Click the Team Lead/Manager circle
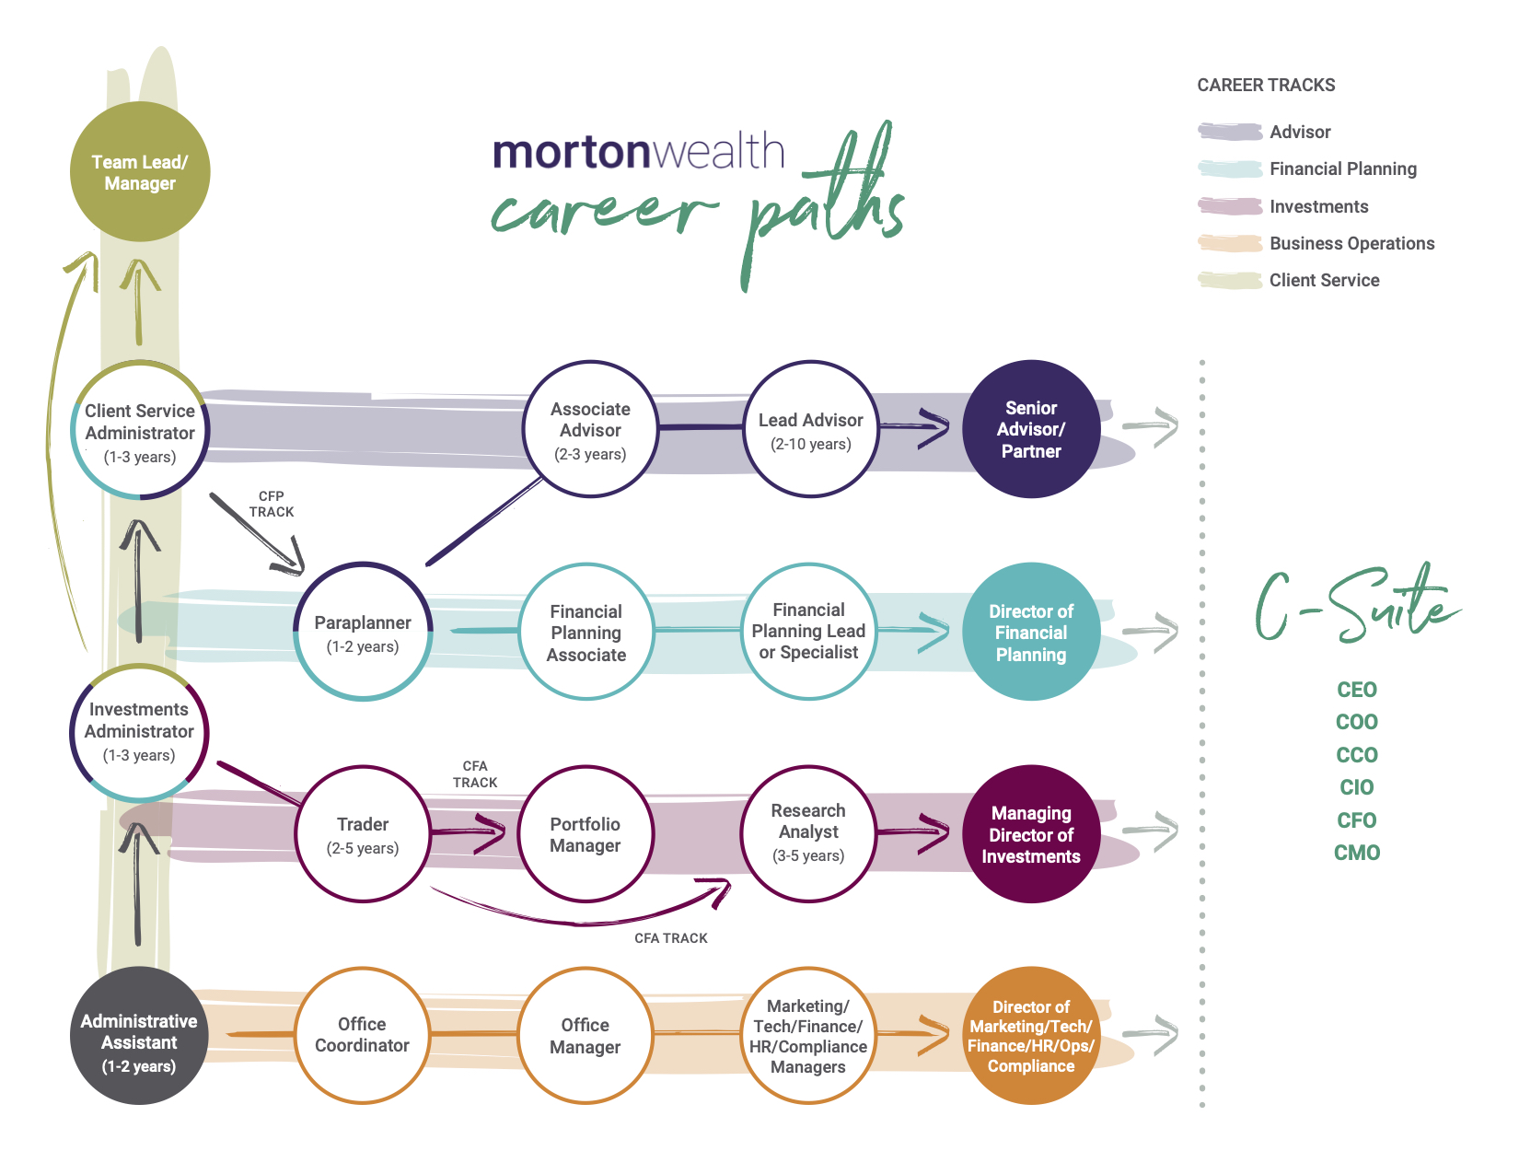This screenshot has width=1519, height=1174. tap(140, 172)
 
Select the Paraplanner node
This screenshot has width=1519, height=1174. tap(363, 633)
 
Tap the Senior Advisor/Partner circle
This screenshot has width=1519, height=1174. tap(1031, 429)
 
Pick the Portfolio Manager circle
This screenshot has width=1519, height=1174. tap(586, 834)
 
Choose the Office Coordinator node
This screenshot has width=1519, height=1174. tap(362, 1035)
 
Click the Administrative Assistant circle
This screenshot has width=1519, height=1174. tap(139, 1036)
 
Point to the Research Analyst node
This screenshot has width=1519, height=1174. tap(808, 834)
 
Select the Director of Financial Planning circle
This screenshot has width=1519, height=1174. tap(1031, 633)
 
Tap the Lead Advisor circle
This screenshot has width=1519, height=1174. tap(810, 429)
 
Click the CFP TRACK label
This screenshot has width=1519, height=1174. tap(272, 504)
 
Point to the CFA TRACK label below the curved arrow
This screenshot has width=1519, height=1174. tap(670, 938)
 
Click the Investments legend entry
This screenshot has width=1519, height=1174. tap(1318, 206)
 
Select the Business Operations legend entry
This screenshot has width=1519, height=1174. tap(1351, 243)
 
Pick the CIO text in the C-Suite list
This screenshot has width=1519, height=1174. tap(1356, 787)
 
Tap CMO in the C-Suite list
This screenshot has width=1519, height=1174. tap(1356, 853)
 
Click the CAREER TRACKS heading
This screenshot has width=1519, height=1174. tap(1266, 85)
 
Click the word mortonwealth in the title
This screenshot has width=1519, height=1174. tap(638, 151)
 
